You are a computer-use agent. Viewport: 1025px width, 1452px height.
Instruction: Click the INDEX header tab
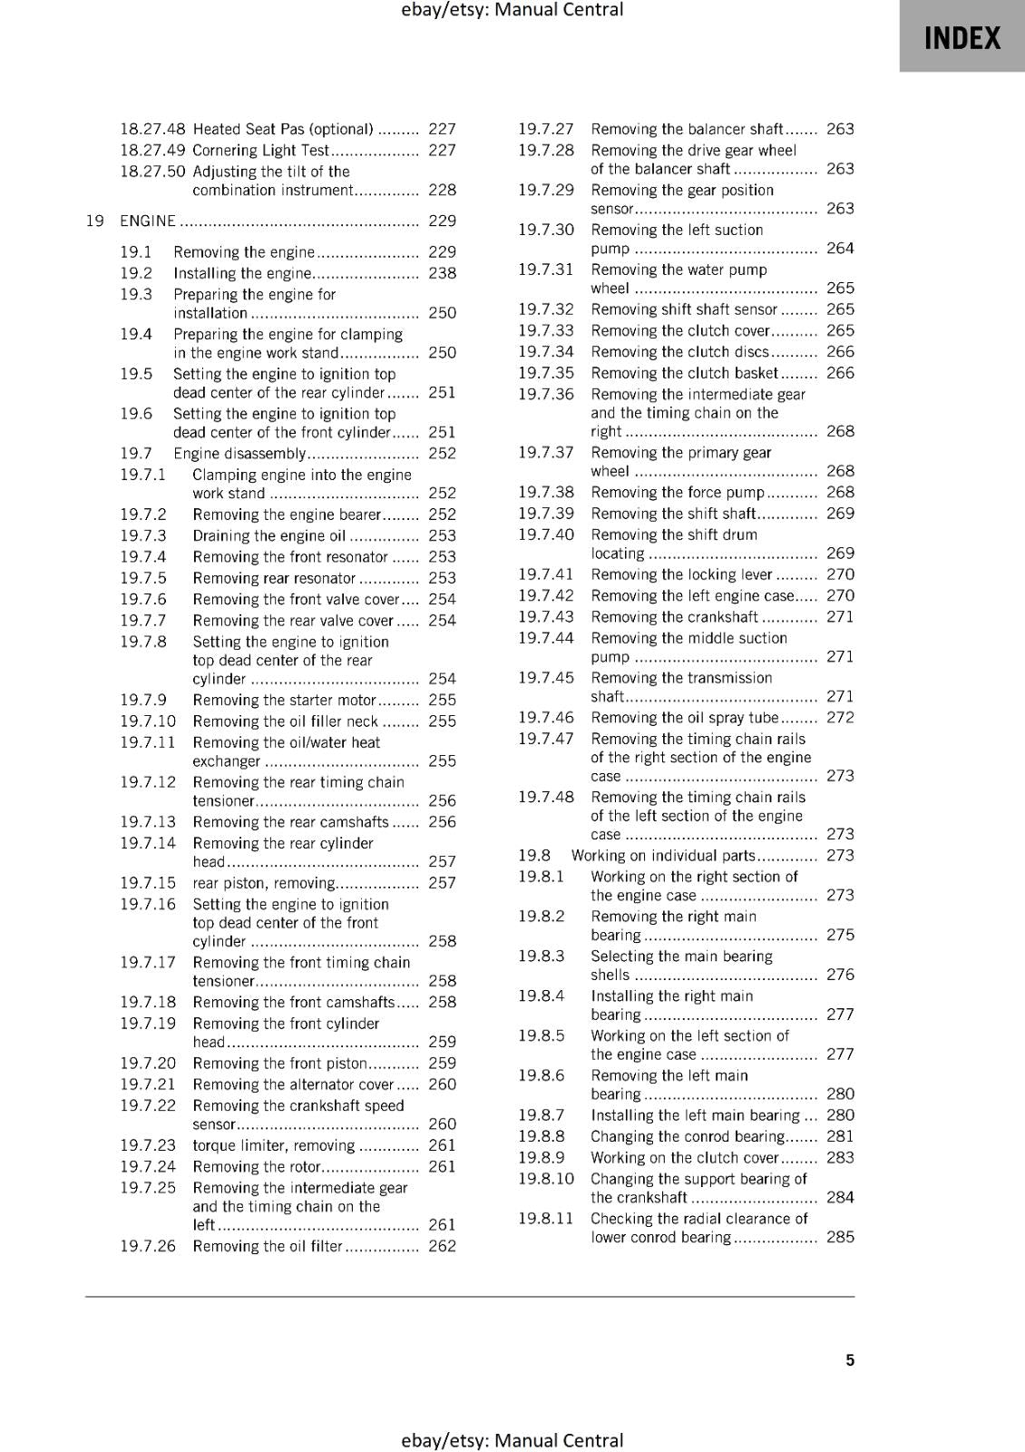(962, 38)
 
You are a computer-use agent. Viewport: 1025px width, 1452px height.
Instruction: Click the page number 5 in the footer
(850, 1359)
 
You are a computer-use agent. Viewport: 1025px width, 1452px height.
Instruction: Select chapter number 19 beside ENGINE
(94, 221)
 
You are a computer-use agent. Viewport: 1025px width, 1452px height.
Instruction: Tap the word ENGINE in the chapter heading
(147, 221)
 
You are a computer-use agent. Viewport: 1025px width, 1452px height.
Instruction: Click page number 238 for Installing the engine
(442, 273)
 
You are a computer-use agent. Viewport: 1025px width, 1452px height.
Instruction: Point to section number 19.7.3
(143, 535)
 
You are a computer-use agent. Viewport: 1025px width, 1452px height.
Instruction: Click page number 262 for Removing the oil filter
(442, 1246)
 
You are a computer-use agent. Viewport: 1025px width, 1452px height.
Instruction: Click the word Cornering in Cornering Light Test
(225, 151)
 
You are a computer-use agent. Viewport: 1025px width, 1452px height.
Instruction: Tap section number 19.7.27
(546, 129)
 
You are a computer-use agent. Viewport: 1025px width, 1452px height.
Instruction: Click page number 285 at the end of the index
(840, 1236)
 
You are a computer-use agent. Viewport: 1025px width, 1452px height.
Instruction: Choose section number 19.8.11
(546, 1218)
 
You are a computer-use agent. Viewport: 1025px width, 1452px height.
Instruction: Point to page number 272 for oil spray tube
(840, 717)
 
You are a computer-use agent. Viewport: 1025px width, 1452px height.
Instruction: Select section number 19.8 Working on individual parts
(534, 855)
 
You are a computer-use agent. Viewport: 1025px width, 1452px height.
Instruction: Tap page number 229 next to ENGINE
(442, 221)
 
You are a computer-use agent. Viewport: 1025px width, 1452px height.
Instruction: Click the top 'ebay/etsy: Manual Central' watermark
(512, 10)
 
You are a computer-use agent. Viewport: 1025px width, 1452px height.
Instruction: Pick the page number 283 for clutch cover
(840, 1157)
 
